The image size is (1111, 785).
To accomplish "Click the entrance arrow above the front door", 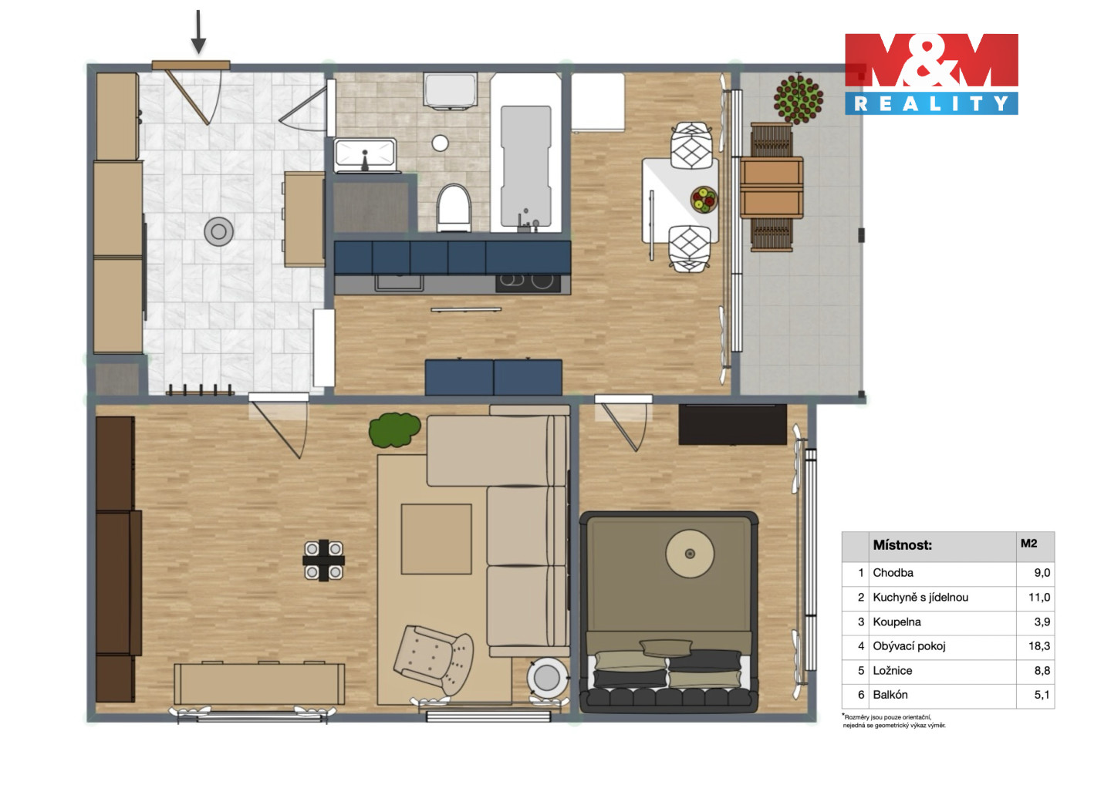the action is (x=198, y=32).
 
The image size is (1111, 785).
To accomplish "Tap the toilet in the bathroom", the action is (x=454, y=208).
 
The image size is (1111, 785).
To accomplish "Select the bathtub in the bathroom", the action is (x=525, y=153).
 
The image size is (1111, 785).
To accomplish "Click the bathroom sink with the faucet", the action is (x=366, y=156).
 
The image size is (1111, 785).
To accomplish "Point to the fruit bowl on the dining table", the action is (x=704, y=199).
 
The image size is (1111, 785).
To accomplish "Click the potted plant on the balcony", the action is (x=798, y=98).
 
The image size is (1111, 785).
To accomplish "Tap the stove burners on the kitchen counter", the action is (x=528, y=282).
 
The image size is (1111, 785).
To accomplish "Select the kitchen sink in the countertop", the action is (x=399, y=282).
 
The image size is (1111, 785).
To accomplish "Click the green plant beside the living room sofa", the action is (x=394, y=430).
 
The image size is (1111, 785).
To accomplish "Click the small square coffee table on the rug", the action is (x=436, y=539).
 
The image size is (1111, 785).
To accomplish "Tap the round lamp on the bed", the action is (x=690, y=554).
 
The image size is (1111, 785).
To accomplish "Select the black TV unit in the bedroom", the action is (x=733, y=424).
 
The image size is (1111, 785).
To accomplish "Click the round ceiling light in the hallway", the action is (x=219, y=231).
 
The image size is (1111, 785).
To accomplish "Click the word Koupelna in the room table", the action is (x=897, y=622).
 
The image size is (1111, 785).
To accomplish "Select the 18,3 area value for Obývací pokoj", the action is (x=1039, y=646).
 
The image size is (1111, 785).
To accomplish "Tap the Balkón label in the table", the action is (x=890, y=695).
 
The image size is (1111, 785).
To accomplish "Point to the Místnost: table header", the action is (x=902, y=545).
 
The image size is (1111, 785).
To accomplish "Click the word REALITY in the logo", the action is (x=931, y=103).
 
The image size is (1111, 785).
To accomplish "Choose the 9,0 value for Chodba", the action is (x=1042, y=573).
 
